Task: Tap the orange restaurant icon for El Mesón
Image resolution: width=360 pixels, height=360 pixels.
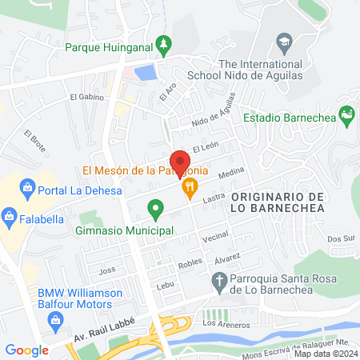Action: click(x=190, y=189)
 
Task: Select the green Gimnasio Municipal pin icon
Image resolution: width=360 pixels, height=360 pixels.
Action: click(x=156, y=211)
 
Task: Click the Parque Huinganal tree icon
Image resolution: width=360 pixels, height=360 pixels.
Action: click(x=164, y=43)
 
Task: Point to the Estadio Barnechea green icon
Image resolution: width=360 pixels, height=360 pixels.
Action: click(x=347, y=117)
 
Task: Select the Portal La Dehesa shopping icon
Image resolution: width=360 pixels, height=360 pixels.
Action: click(x=27, y=190)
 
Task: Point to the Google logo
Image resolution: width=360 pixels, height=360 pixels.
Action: click(x=26, y=350)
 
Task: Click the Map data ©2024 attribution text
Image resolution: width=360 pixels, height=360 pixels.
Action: click(x=325, y=353)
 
